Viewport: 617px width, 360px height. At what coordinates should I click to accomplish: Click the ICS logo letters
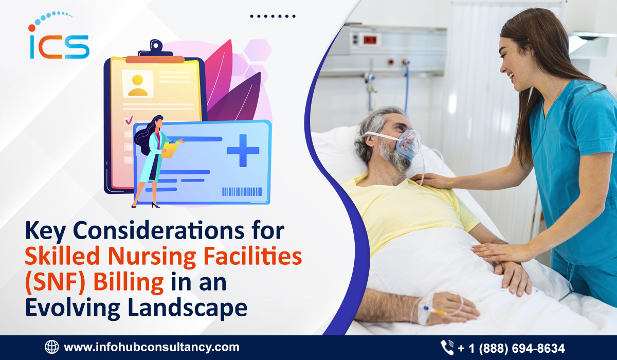59,47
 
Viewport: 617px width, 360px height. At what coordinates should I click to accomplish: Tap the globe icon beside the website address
52,347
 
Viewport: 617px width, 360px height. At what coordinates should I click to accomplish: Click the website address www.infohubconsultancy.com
152,347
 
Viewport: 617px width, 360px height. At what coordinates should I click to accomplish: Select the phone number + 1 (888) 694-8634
511,348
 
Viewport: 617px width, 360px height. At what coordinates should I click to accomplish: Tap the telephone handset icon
447,348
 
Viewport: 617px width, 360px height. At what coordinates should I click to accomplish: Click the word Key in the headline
45,231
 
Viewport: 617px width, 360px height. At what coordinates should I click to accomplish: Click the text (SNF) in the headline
55,283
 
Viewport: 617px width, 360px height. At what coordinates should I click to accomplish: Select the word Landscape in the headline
188,308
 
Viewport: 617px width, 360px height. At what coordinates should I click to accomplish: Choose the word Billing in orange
129,283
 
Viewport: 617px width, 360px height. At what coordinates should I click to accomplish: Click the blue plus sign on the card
243,150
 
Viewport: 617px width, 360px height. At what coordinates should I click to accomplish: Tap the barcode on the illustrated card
242,192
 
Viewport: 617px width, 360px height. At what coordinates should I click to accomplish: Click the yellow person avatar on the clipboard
137,85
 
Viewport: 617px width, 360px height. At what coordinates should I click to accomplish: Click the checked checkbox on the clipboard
129,120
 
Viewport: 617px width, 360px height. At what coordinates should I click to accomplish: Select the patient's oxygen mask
408,145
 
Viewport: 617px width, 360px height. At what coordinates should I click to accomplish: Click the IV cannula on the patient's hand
433,311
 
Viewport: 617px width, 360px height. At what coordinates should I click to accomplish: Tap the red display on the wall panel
370,40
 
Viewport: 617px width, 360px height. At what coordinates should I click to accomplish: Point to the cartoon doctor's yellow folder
170,149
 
